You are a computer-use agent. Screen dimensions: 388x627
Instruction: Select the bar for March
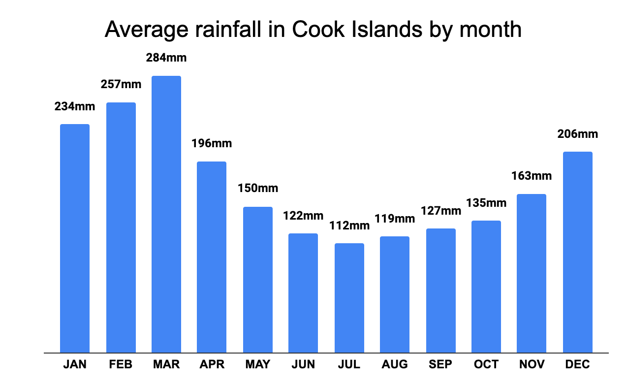coord(166,214)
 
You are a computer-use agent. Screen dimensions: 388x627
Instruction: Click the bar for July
coord(349,298)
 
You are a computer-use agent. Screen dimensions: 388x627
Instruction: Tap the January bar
coord(75,238)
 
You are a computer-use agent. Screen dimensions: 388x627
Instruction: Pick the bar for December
coord(577,252)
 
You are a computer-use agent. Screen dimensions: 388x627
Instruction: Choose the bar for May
coord(258,280)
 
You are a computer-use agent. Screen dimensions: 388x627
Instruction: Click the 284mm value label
coord(166,58)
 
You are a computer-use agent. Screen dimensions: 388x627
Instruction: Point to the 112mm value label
coord(349,226)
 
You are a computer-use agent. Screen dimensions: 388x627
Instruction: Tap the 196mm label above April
coord(212,143)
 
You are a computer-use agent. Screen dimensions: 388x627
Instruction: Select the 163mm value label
coord(532,176)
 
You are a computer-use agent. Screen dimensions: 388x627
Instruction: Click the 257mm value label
coord(121,84)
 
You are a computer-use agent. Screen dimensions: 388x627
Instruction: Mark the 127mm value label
coord(441,211)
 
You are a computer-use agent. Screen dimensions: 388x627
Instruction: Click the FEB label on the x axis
coord(121,365)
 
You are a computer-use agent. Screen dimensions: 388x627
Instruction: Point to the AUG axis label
coord(395,365)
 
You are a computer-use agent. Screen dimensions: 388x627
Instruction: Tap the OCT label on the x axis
coord(486,365)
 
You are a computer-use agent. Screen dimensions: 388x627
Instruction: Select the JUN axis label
coord(303,365)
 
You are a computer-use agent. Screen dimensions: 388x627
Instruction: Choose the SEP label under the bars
coord(441,365)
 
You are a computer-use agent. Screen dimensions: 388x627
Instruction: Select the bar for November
coord(532,273)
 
